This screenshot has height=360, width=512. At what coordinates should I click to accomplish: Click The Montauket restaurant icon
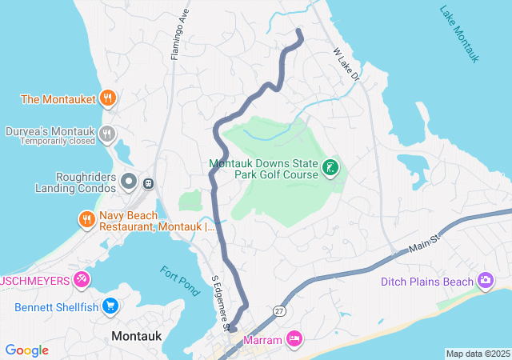tap(108, 99)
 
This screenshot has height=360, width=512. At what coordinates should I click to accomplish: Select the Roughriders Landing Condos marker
tap(129, 182)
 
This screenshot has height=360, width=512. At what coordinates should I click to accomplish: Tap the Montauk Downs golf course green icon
tap(330, 169)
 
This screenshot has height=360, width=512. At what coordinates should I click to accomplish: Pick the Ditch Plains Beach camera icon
tap(485, 281)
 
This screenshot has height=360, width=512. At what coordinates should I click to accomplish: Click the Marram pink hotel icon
tap(294, 340)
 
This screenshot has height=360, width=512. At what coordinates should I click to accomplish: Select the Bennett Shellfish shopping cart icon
tap(110, 306)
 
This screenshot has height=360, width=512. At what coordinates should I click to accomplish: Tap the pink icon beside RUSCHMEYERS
tap(81, 280)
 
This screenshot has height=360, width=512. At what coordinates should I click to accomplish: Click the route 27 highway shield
tap(278, 310)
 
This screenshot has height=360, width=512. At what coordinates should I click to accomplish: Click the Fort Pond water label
tap(179, 280)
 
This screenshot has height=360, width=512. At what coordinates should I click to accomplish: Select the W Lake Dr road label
tap(347, 64)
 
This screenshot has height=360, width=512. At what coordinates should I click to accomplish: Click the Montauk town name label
tap(137, 337)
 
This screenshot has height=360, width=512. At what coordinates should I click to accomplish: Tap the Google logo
tap(27, 350)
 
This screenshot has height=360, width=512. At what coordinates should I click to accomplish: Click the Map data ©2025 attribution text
tap(478, 354)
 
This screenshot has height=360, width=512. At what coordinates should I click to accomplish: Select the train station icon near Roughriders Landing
tap(149, 183)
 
